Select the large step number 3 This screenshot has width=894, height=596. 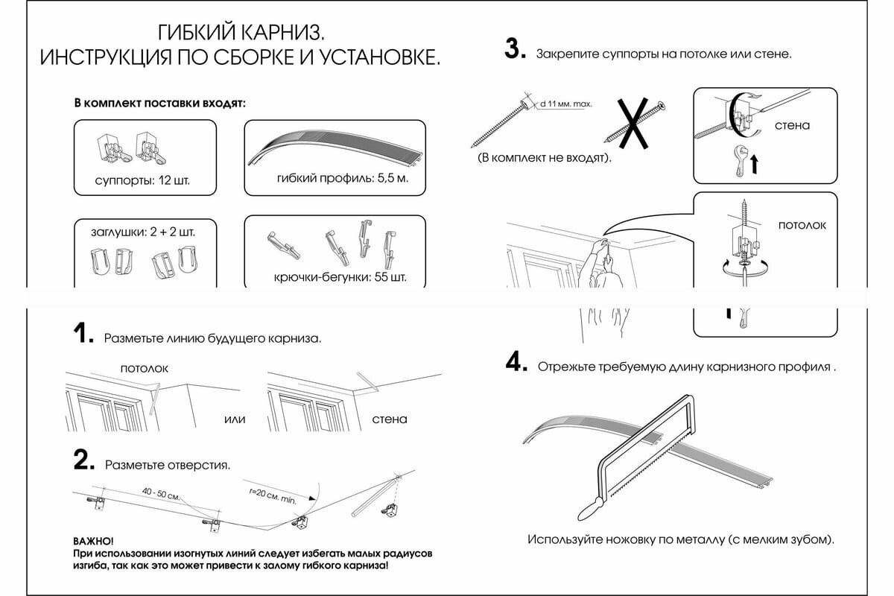[515, 49]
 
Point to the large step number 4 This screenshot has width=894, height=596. [516, 363]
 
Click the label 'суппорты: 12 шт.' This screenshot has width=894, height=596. [142, 180]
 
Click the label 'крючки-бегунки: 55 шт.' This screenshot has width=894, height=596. [339, 279]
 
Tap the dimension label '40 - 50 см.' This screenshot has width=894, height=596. [162, 494]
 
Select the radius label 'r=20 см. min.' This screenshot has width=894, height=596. [274, 494]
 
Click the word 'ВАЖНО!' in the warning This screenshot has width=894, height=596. [94, 539]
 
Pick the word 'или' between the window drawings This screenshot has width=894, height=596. [235, 419]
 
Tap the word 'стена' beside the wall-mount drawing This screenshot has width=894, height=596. [792, 125]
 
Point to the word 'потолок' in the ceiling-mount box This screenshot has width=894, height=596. [802, 224]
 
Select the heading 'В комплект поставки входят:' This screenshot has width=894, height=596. [159, 103]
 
